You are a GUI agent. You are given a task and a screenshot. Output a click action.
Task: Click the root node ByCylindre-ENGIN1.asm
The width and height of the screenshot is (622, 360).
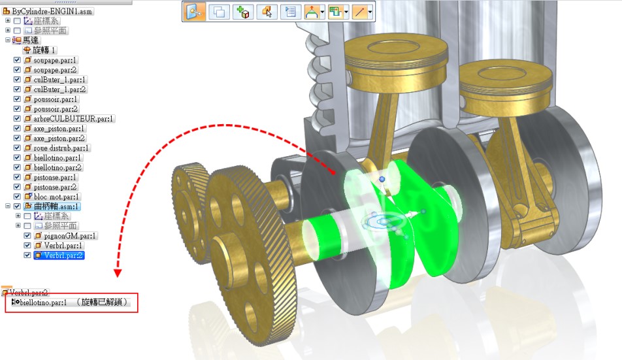coord(52,11)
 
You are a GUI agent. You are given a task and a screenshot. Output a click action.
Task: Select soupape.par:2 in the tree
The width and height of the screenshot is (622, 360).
coord(55,70)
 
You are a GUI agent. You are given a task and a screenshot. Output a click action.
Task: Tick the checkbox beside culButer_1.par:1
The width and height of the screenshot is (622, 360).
coord(17,79)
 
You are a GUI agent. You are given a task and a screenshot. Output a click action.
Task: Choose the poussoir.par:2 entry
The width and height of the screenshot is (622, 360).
coord(56,108)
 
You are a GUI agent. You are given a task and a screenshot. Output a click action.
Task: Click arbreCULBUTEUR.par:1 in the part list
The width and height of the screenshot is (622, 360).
coord(73,118)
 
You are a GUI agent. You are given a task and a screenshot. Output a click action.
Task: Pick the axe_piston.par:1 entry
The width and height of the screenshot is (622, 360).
coord(59,129)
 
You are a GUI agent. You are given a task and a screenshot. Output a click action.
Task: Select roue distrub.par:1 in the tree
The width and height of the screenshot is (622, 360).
coord(61,148)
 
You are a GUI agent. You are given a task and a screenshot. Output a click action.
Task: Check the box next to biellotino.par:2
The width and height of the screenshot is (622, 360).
coord(17,167)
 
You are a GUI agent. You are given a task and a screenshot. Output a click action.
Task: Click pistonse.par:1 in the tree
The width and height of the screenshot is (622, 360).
coord(55,177)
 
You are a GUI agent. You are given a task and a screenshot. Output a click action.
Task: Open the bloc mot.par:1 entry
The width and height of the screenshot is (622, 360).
coord(56,197)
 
